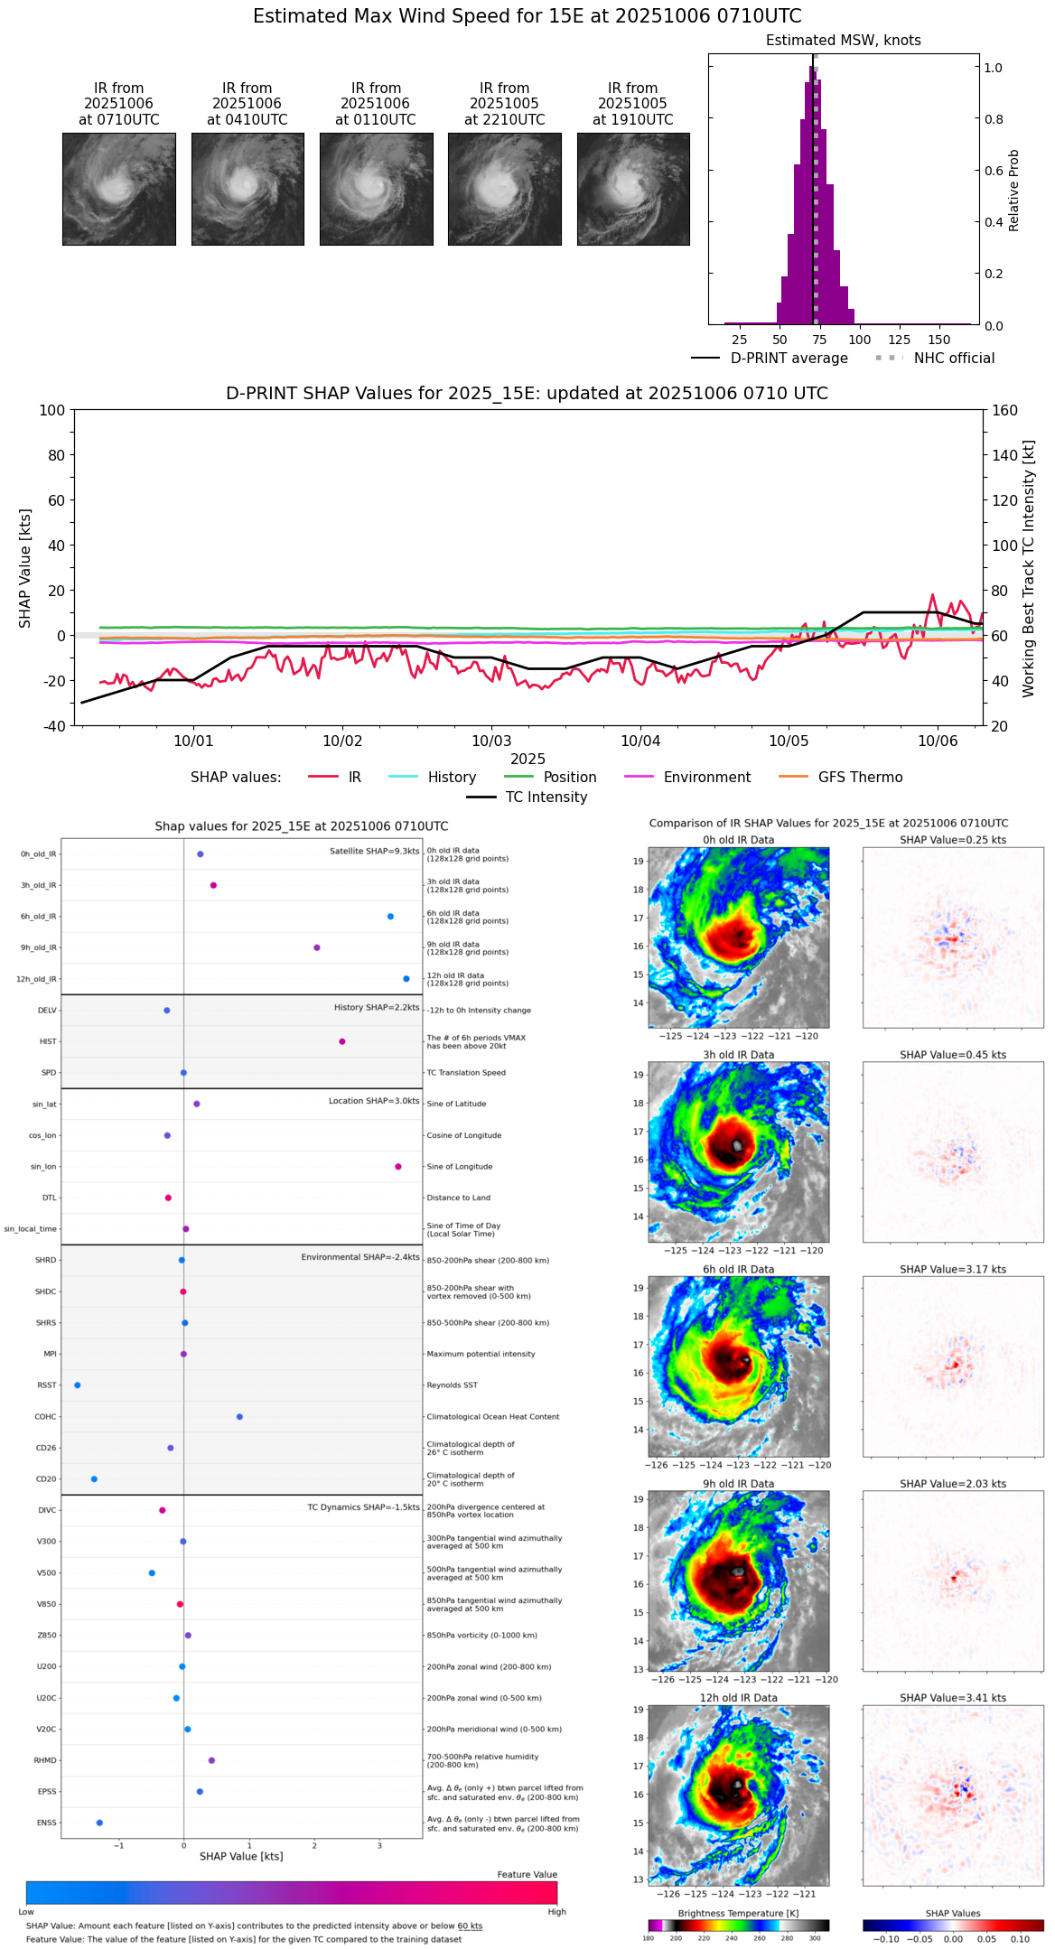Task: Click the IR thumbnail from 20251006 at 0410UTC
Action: (x=247, y=189)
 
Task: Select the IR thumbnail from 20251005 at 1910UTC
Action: (x=633, y=189)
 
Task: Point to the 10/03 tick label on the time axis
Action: (x=491, y=741)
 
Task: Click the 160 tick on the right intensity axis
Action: (x=1004, y=410)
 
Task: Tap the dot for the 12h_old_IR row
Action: (x=406, y=979)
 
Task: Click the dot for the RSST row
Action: (x=78, y=1385)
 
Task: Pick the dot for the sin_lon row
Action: (x=398, y=1167)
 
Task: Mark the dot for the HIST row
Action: (x=342, y=1041)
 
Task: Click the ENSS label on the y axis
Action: (x=46, y=1823)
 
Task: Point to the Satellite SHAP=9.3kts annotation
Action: (x=374, y=851)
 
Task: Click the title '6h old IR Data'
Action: (x=738, y=1269)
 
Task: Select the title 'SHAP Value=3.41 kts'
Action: (x=953, y=1698)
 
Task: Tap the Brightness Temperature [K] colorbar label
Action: (x=738, y=1913)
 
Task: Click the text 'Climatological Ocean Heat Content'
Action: (x=493, y=1417)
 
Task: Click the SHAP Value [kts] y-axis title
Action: (x=25, y=568)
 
